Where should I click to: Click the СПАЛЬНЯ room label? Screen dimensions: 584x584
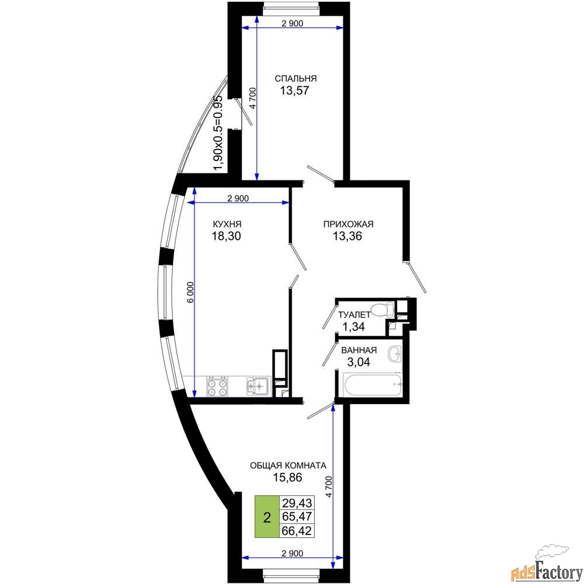point(296,79)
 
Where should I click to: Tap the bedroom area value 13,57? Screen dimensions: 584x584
point(294,91)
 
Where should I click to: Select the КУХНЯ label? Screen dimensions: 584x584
point(227,224)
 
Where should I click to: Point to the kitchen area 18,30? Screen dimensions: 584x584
point(227,236)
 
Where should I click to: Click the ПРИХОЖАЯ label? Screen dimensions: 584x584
point(348,224)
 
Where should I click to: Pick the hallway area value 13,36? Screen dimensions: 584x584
point(347,236)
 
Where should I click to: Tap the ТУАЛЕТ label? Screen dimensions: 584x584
point(354,315)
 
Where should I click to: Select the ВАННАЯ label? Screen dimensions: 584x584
point(359,350)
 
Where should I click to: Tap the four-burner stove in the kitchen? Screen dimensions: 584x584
point(217,387)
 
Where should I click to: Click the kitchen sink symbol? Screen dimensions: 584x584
point(258,386)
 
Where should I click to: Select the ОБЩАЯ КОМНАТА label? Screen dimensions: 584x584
point(288,465)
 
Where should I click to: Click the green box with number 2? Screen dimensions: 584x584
point(267,517)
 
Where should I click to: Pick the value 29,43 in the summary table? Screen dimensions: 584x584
point(297,503)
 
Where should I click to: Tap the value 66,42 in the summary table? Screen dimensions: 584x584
point(297,530)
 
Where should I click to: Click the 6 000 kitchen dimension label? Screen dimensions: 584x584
point(190,293)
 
